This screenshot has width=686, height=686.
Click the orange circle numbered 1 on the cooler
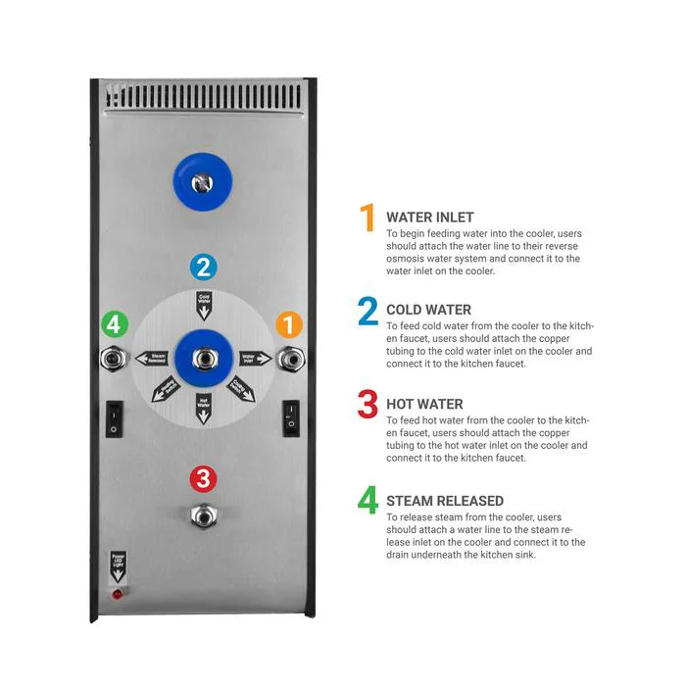point(288,324)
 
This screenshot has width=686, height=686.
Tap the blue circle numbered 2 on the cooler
point(203,266)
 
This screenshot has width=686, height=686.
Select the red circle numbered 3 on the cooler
point(203,479)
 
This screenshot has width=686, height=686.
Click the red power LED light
point(118,594)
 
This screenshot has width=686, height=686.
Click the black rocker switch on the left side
point(116,419)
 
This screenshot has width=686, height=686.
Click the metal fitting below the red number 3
point(203,514)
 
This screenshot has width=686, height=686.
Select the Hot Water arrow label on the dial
point(204,406)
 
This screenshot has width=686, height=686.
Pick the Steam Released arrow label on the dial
point(152,359)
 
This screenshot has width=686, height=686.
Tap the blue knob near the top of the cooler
point(203,180)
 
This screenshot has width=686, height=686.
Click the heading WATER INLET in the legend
point(430,218)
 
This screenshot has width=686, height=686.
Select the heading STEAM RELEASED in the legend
point(445,501)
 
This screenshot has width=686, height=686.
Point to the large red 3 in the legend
point(367,404)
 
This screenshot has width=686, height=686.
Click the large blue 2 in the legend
point(367,311)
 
